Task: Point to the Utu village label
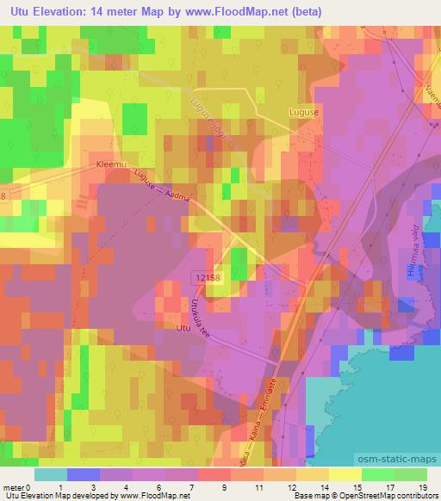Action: click(183, 328)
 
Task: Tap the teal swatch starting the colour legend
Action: click(51, 474)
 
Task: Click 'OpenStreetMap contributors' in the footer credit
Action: click(390, 496)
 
